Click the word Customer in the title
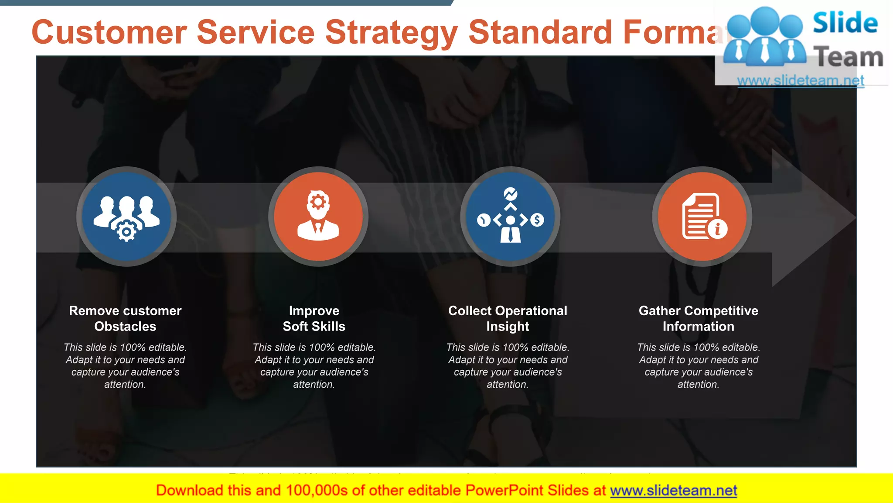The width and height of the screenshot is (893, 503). pyautogui.click(x=109, y=33)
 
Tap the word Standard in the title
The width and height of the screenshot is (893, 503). pyautogui.click(x=540, y=33)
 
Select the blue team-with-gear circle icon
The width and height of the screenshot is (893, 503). pyautogui.click(x=126, y=217)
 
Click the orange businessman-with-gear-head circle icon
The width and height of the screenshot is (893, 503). pyautogui.click(x=318, y=217)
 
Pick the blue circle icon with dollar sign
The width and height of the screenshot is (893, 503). pyautogui.click(x=510, y=217)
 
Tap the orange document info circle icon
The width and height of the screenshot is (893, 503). pyautogui.click(x=702, y=217)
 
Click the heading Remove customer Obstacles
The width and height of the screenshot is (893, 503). pyautogui.click(x=125, y=318)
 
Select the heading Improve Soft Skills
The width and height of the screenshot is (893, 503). pyautogui.click(x=314, y=318)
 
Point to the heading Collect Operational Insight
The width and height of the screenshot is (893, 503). pyautogui.click(x=508, y=318)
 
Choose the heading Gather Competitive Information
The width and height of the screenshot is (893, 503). pyautogui.click(x=698, y=318)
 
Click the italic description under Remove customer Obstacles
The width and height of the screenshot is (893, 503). pyautogui.click(x=125, y=366)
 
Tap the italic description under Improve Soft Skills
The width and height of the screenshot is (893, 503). pyautogui.click(x=314, y=366)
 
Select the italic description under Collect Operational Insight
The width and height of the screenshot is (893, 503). pyautogui.click(x=508, y=366)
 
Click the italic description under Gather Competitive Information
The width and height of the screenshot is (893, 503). pyautogui.click(x=698, y=366)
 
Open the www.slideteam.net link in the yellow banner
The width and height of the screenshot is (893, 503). pyautogui.click(x=673, y=491)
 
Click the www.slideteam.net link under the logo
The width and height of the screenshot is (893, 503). pyautogui.click(x=801, y=80)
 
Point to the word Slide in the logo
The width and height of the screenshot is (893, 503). pyautogui.click(x=845, y=23)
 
